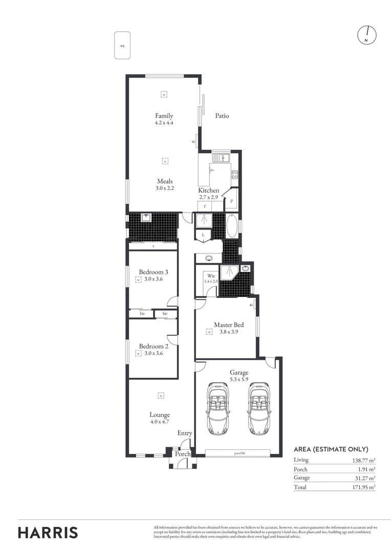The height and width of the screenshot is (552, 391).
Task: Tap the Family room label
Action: click(x=164, y=116)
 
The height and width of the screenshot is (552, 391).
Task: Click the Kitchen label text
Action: click(x=209, y=190)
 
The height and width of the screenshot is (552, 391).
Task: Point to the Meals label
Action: click(x=165, y=181)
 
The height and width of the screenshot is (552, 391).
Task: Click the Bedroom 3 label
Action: click(x=154, y=272)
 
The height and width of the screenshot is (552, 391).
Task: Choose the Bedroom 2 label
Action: click(x=154, y=346)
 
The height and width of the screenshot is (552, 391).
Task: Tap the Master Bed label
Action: click(x=229, y=325)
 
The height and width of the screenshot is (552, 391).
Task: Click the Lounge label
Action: click(x=160, y=415)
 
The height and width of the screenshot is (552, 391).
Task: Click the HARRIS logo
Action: click(x=48, y=532)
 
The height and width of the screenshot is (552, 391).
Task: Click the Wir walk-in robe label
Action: click(x=211, y=276)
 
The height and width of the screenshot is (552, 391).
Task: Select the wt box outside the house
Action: click(x=122, y=45)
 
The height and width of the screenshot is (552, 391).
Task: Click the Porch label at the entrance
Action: click(x=182, y=454)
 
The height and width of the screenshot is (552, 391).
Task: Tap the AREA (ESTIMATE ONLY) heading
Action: click(x=331, y=449)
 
